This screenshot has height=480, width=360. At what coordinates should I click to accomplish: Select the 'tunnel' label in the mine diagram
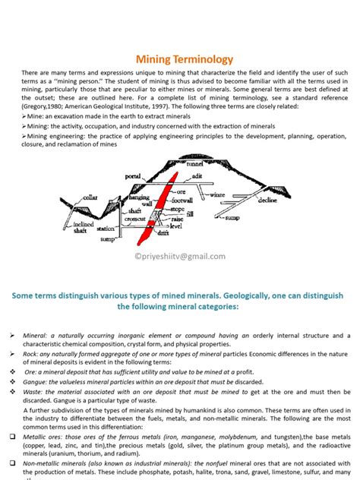195,163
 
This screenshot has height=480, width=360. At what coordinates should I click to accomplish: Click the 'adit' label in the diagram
197,175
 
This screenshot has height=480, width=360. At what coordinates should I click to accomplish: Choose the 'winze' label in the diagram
218,194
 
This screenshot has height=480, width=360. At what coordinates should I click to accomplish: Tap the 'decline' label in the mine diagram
267,201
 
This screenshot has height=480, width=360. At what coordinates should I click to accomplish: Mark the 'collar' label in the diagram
90,197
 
